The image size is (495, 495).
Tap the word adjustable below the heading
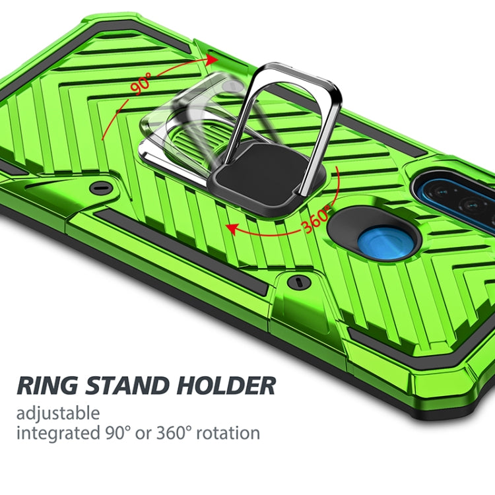coord(59,414)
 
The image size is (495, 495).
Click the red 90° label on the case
coord(140,83)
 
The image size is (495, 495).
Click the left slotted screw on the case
coord(101,187)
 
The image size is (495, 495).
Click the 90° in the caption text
coord(121,434)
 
